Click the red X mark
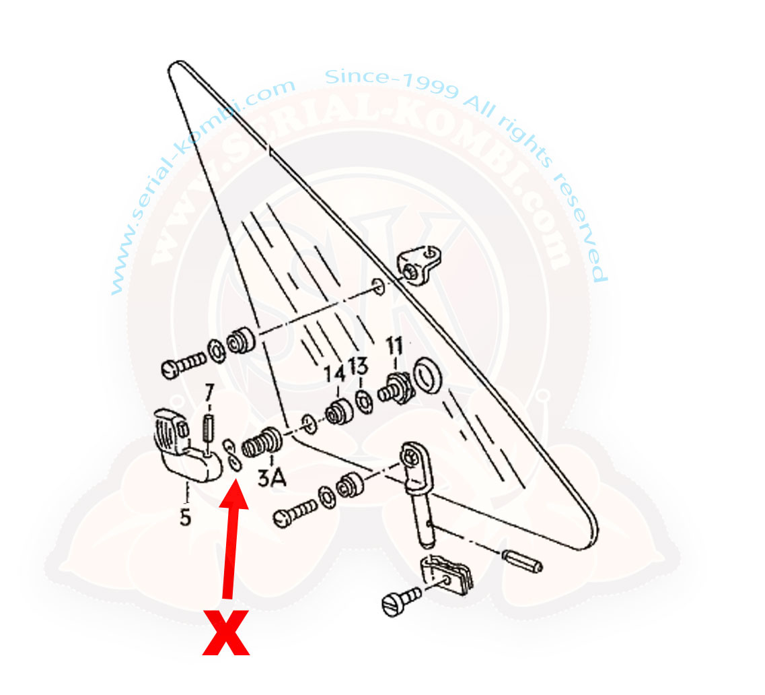(226, 632)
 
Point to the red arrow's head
(235, 493)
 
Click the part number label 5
(186, 517)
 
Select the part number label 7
(209, 393)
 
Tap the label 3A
(272, 477)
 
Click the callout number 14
(335, 374)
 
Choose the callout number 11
(395, 345)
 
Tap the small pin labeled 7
(209, 428)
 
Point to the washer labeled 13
(363, 401)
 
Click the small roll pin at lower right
(522, 561)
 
